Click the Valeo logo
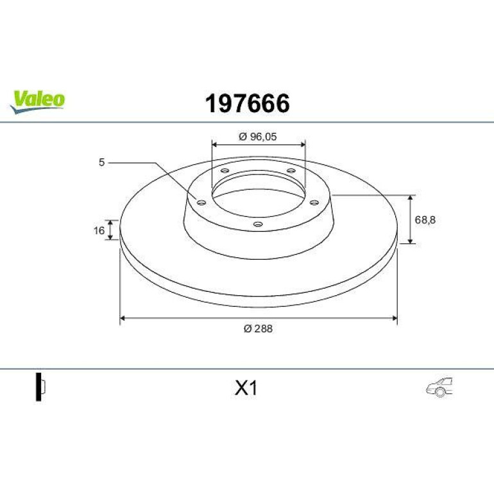click(37, 101)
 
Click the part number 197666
click(247, 103)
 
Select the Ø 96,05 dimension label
click(258, 137)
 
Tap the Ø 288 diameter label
click(258, 328)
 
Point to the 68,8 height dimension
click(425, 220)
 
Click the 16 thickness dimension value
click(99, 230)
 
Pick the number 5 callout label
click(101, 162)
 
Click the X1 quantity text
click(246, 388)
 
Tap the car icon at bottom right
click(439, 387)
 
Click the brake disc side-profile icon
click(40, 387)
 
